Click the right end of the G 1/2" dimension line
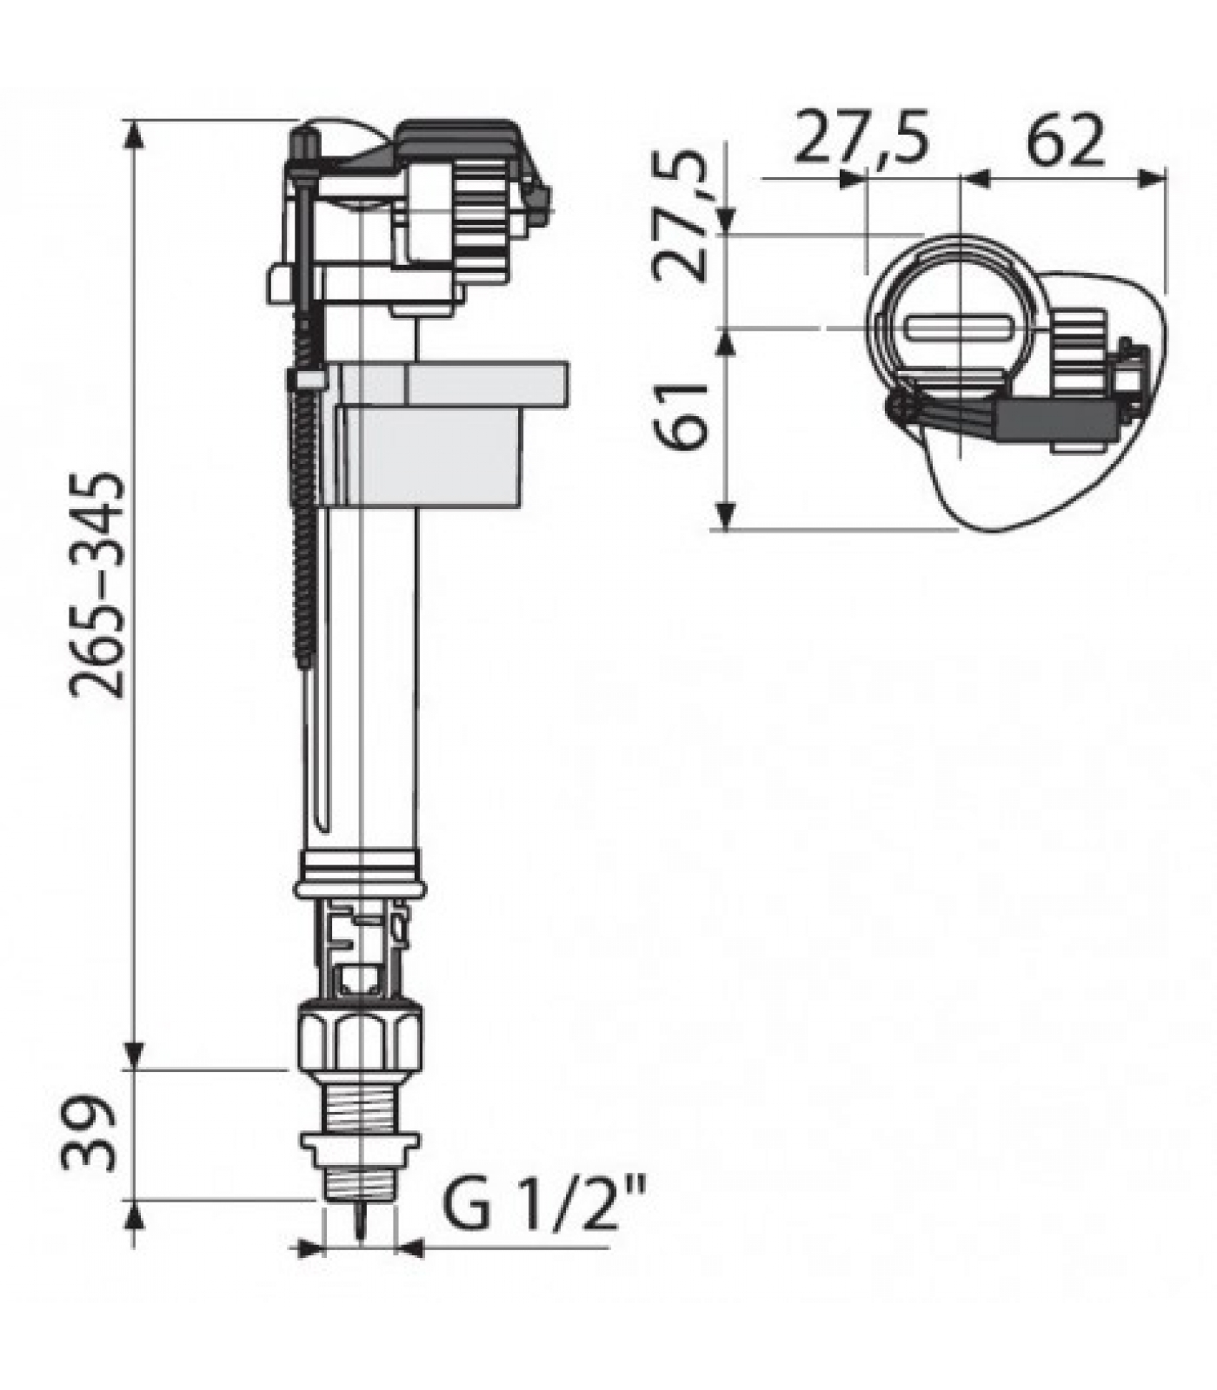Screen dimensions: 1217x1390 coord(608,1249)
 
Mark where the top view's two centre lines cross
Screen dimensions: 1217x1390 coord(960,328)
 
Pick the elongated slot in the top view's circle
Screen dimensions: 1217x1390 coord(961,329)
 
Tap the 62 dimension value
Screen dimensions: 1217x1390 coord(1064,140)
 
